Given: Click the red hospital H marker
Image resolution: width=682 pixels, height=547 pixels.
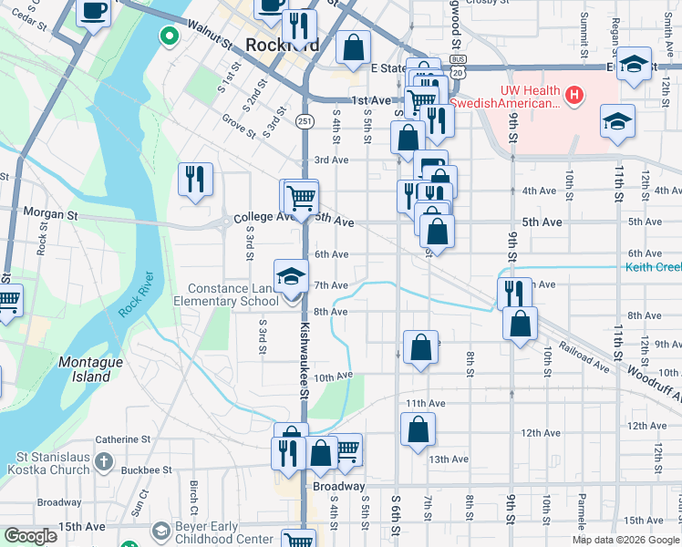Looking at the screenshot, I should pos(574,94).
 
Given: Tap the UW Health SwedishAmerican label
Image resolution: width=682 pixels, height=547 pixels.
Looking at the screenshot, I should pos(529,97).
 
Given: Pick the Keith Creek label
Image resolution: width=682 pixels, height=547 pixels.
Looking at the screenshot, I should pos(653,267).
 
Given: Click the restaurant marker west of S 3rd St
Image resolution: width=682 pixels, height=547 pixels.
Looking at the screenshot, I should pos(195,180).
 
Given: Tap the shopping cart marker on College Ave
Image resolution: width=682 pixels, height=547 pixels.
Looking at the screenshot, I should pos(300,196).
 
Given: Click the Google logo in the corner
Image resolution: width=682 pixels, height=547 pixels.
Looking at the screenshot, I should pos(30,536).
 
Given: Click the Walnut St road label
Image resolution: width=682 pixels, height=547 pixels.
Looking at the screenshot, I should pos(209,35).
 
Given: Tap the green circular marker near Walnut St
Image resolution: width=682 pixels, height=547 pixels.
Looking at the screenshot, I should pos(168,36).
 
